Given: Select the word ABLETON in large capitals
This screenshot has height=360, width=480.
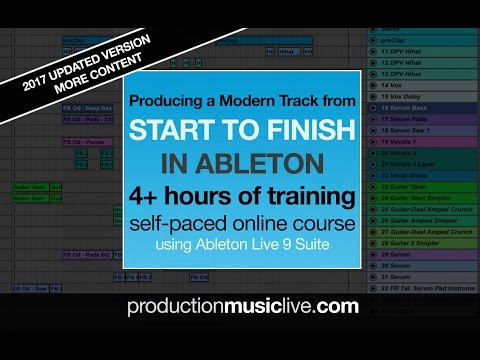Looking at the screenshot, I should (250, 161).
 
